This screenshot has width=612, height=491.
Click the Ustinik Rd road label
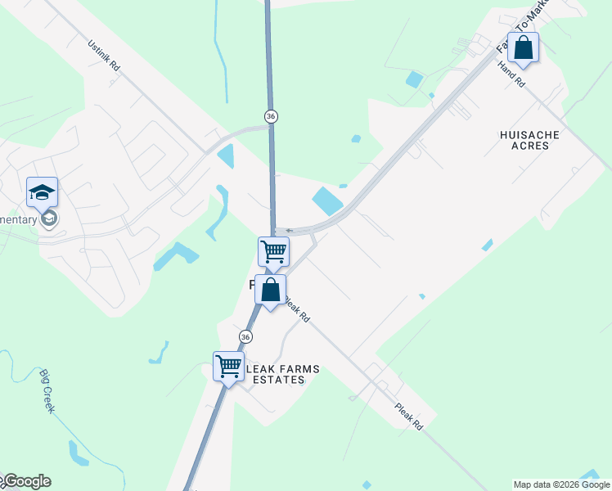[x=104, y=56]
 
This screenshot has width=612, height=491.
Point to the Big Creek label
[x=47, y=391]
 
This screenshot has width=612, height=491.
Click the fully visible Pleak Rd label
[x=407, y=416]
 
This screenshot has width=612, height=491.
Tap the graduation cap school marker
[x=43, y=192]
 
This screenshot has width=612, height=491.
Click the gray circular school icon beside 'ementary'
[x=50, y=218]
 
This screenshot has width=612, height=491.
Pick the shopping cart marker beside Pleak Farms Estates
[x=229, y=366]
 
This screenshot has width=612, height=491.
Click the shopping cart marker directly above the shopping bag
[x=273, y=251]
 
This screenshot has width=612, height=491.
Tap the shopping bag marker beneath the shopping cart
[x=270, y=290]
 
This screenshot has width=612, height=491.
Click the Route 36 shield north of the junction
[x=271, y=117]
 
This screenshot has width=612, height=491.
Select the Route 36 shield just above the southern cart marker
[x=245, y=336]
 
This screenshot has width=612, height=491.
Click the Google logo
[x=26, y=481]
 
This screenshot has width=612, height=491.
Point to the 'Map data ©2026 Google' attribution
[x=561, y=484]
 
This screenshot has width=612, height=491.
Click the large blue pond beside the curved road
[x=326, y=200]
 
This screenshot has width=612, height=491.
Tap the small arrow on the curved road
[x=288, y=231]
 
